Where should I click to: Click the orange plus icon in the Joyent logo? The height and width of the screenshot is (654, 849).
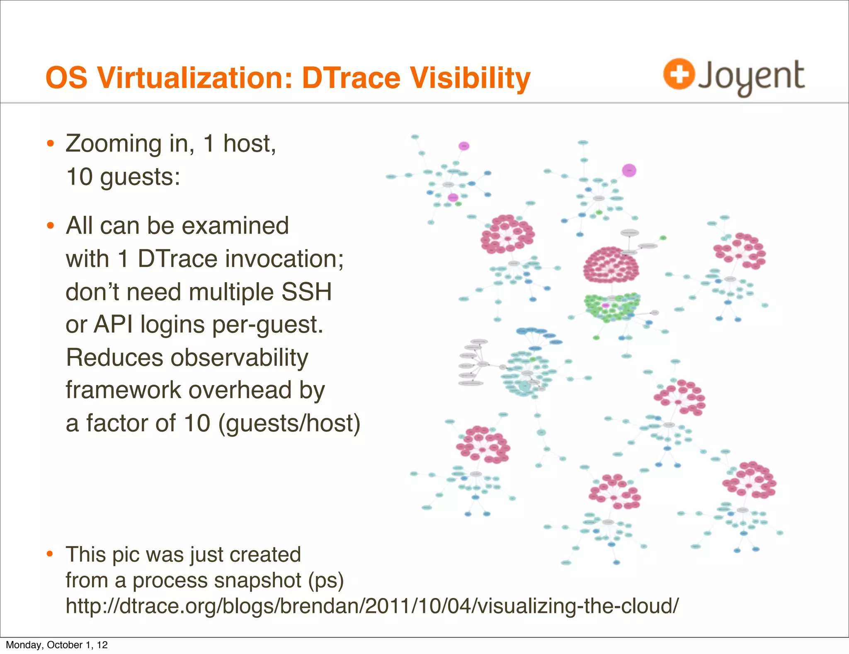point(678,74)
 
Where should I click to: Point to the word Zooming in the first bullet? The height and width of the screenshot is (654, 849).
point(113,144)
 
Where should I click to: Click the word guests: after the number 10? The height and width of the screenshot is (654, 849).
point(140,177)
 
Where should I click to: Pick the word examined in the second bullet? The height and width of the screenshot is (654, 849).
point(235,226)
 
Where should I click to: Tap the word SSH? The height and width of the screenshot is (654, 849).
point(306,292)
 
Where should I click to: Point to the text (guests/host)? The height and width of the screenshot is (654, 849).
point(289,423)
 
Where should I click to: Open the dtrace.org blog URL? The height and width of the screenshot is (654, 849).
point(372,606)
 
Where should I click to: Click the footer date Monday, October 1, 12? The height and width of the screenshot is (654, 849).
point(57,645)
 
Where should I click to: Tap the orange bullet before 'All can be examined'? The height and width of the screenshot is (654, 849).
point(51,226)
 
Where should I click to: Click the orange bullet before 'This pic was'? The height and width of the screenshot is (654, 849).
point(51,554)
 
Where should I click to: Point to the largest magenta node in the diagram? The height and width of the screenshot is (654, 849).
point(629,170)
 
